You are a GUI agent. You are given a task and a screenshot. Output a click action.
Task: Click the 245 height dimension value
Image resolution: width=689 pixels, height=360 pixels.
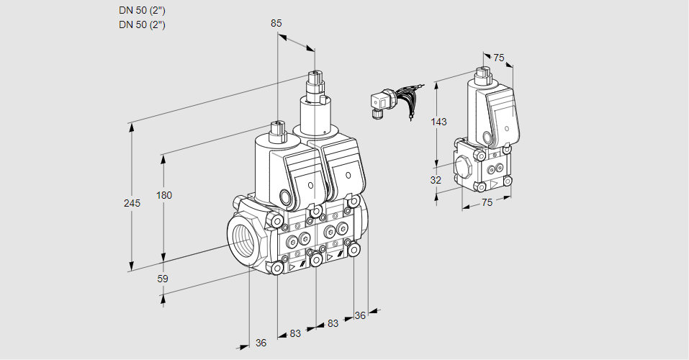tap(131, 203)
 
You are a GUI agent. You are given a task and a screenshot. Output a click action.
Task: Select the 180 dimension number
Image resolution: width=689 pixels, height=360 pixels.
tap(165, 195)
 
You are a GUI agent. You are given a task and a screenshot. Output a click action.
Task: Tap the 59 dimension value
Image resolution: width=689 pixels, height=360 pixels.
tap(163, 279)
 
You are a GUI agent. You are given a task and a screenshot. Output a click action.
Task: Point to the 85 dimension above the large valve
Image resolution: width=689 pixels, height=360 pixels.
tap(276, 23)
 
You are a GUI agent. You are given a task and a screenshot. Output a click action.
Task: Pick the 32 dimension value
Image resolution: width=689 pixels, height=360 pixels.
tap(436, 180)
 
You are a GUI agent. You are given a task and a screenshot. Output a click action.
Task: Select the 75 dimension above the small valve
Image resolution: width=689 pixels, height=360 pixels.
tap(499, 58)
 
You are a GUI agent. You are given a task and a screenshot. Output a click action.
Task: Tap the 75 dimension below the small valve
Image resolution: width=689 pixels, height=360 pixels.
tap(487, 202)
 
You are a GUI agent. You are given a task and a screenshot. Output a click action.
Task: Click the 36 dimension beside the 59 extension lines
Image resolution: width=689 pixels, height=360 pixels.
tap(261, 343)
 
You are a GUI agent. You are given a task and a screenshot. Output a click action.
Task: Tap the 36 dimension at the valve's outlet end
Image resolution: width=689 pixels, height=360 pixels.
tap(361, 315)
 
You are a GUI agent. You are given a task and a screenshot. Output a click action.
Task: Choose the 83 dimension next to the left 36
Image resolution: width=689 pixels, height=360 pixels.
tap(295, 333)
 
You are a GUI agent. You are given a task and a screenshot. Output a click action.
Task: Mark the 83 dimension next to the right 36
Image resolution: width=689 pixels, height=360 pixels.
tap(332, 323)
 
